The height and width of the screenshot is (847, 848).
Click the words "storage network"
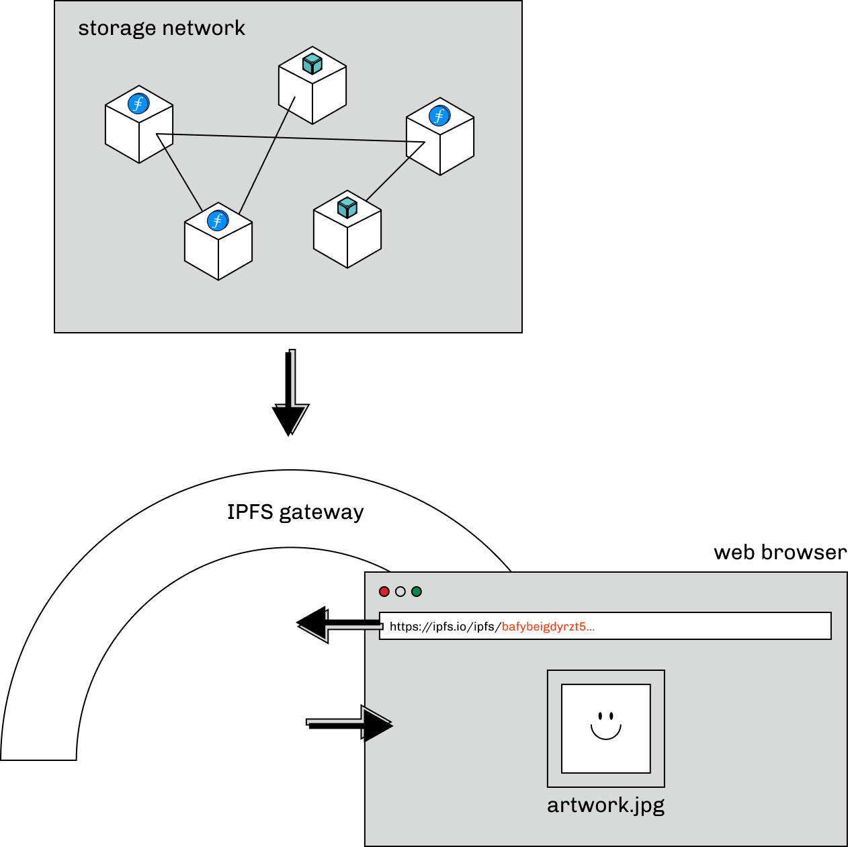coord(161,28)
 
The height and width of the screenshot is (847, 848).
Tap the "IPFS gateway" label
coord(295,512)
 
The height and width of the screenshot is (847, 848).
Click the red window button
coord(384,592)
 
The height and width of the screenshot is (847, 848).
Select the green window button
coord(417,592)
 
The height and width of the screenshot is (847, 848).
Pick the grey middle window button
coord(400,592)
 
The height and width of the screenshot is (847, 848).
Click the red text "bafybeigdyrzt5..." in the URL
coord(548,627)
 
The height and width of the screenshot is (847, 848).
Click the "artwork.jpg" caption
coord(605,805)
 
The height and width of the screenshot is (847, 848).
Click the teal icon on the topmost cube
coord(312,64)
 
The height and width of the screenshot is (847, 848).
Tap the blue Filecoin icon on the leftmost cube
coord(138,104)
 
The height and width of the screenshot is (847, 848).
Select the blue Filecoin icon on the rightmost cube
coord(439,116)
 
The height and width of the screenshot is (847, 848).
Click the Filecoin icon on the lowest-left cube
coord(218,220)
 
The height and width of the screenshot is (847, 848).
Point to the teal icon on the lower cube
coord(347,207)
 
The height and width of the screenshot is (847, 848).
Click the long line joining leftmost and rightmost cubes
coord(289,138)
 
